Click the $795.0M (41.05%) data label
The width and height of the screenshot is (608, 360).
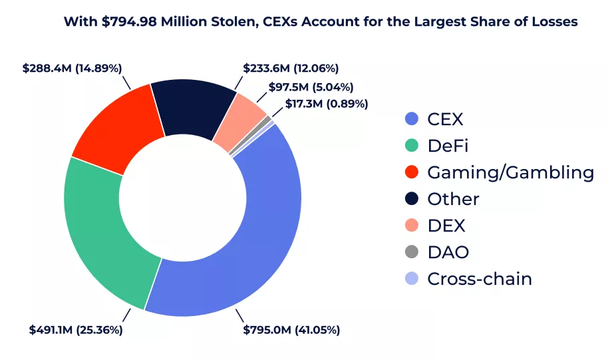pyautogui.click(x=291, y=330)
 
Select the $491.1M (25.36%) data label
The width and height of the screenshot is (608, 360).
pyautogui.click(x=76, y=329)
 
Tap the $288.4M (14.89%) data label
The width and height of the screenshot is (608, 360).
pyautogui.click(x=72, y=68)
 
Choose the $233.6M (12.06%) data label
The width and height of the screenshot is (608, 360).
pyautogui.click(x=291, y=68)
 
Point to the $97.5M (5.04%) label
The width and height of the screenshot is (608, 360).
pyautogui.click(x=311, y=87)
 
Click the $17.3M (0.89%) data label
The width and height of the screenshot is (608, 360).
pyautogui.click(x=327, y=104)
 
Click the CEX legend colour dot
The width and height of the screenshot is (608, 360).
pyautogui.click(x=412, y=119)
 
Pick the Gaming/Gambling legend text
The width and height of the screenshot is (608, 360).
pyautogui.click(x=510, y=172)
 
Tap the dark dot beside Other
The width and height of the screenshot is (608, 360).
pyautogui.click(x=412, y=199)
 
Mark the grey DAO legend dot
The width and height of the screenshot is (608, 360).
pyautogui.click(x=412, y=252)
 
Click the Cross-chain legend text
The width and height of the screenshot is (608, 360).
pyautogui.click(x=479, y=279)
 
